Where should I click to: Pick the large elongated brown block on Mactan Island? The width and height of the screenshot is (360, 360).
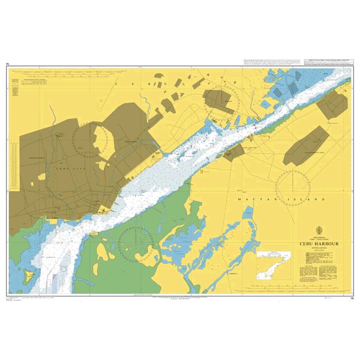306,147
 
